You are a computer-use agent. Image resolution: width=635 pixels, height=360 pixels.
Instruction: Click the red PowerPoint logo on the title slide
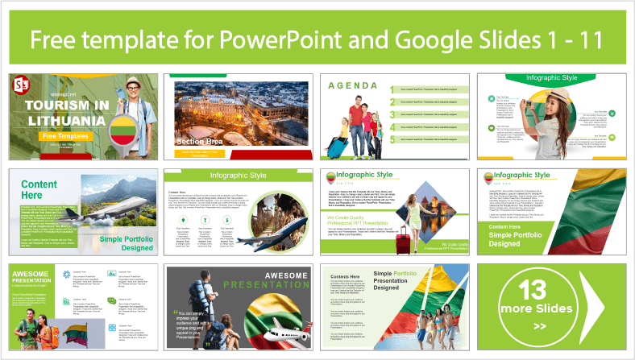click(23, 85)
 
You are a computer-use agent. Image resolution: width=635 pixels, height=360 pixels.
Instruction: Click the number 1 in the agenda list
click(392, 90)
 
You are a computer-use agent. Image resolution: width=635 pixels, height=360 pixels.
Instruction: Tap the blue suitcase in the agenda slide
click(337, 145)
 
